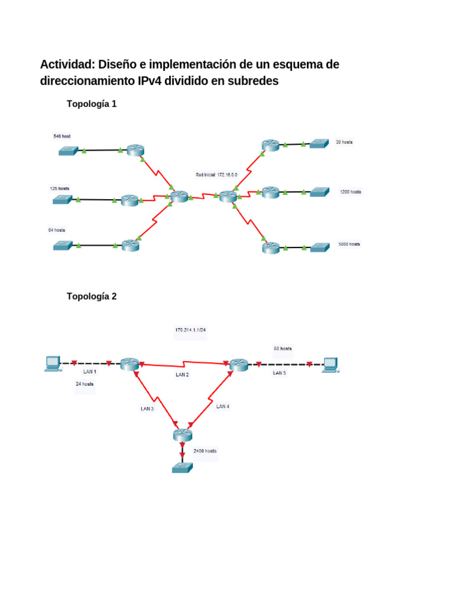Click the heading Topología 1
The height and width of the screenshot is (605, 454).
92,104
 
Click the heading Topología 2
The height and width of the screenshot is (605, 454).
92,297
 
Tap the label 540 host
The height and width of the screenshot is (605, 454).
62,136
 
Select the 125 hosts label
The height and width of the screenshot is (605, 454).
59,188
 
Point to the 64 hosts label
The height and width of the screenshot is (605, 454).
57,230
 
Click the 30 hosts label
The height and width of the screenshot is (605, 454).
344,142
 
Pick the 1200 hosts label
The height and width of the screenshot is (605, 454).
351,192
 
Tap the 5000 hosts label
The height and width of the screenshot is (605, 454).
349,244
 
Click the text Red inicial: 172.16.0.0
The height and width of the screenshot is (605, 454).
216,175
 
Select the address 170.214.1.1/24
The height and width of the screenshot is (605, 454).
190,330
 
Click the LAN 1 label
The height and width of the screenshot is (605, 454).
89,372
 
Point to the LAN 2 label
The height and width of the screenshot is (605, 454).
182,375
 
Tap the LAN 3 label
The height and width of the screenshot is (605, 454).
147,408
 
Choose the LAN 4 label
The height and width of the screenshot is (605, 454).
223,406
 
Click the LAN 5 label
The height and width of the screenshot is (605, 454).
280,373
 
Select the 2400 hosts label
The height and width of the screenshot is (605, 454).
205,451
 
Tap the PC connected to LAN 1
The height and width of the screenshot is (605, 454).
53,364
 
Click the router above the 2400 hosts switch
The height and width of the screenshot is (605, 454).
183,435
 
